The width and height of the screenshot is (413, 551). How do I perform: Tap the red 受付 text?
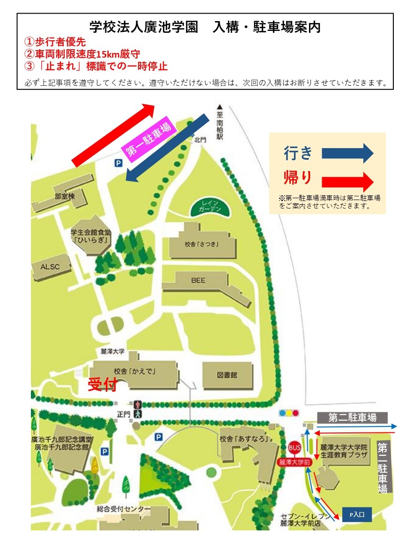click(102, 385)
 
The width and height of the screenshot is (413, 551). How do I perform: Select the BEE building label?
click(198, 280)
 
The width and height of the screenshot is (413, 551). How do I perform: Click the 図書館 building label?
click(227, 375)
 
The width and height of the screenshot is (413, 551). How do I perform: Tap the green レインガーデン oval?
click(210, 207)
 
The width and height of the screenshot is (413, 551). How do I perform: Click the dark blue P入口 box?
click(357, 514)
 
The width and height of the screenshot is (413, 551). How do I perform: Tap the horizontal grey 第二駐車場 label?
click(352, 417)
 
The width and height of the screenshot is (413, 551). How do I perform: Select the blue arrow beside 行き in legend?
click(347, 153)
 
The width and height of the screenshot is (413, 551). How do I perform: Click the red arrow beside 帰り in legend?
click(347, 181)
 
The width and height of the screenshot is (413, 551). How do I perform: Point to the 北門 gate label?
click(200, 139)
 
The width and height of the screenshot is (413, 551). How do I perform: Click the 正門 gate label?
click(123, 414)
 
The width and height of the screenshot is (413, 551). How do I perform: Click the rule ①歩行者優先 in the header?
click(55, 42)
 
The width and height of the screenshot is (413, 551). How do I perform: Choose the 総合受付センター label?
click(124, 509)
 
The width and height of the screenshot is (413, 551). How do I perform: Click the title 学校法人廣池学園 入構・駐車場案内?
click(205, 27)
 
